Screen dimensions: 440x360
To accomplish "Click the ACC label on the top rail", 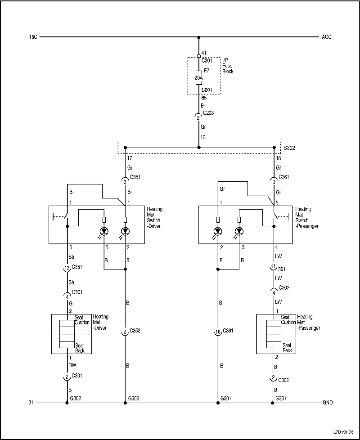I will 327,37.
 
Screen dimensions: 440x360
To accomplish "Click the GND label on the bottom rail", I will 328,403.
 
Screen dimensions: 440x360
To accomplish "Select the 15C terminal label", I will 32,37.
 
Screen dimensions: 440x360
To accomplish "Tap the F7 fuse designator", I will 207,71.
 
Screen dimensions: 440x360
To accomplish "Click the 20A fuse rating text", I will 198,77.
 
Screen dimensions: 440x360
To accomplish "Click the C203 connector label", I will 208,113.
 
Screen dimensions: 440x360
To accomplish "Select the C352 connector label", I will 135,331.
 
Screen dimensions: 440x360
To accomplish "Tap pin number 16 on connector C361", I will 217,332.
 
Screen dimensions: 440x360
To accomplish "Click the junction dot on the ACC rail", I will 198,37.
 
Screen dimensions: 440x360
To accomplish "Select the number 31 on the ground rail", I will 31,403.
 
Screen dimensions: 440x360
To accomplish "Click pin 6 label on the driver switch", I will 107,248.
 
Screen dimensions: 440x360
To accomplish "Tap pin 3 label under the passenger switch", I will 243,248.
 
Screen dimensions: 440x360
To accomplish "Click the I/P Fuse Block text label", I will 228,65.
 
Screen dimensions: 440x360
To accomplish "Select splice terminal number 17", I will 130,158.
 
